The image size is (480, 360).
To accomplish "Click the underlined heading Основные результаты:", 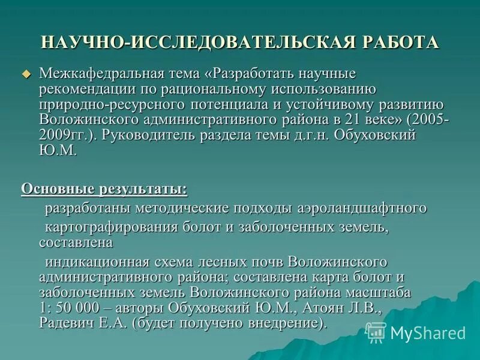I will click(x=104, y=189).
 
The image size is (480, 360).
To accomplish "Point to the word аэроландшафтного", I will click(x=362, y=208).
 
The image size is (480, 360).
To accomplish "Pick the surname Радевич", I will click(x=66, y=323).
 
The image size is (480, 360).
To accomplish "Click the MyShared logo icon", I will click(x=376, y=332).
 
